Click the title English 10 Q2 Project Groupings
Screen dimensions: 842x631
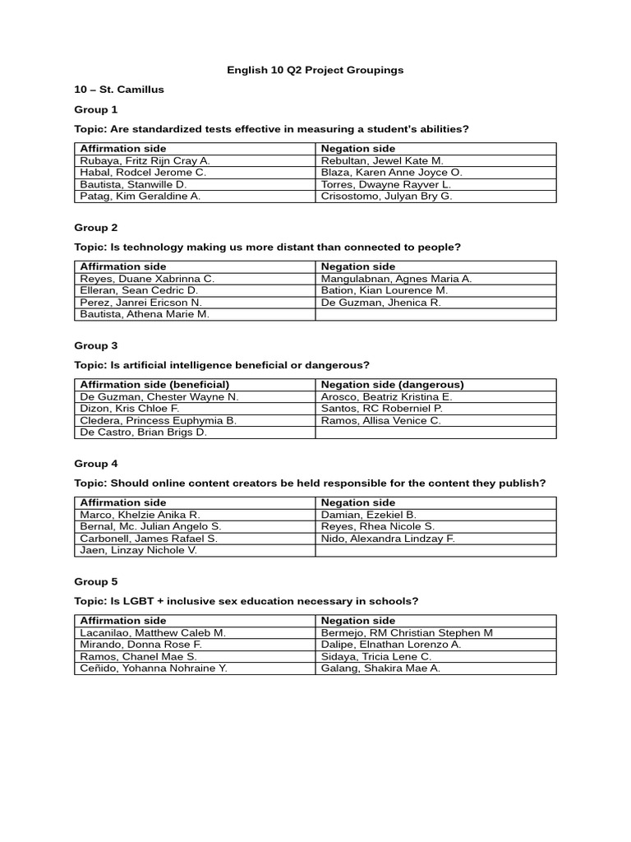[315, 70]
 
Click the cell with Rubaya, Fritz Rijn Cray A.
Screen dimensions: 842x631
[145, 161]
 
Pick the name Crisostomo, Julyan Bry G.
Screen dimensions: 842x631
[386, 197]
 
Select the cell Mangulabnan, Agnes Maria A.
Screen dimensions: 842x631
[396, 279]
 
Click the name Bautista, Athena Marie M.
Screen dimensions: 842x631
[145, 314]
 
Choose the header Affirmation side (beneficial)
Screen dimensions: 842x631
[154, 385]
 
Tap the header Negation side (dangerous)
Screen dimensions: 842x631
[392, 385]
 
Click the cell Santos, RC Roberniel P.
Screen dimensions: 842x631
[381, 409]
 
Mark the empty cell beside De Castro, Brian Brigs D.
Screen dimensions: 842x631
[435, 433]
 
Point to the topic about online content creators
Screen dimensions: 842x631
[310, 483]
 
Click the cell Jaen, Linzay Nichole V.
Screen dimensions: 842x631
[138, 550]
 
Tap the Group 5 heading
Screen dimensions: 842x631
[96, 581]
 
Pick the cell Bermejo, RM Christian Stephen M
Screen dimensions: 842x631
[407, 633]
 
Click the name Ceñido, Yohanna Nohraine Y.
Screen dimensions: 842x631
[154, 669]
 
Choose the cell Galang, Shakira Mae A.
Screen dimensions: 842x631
[380, 669]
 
